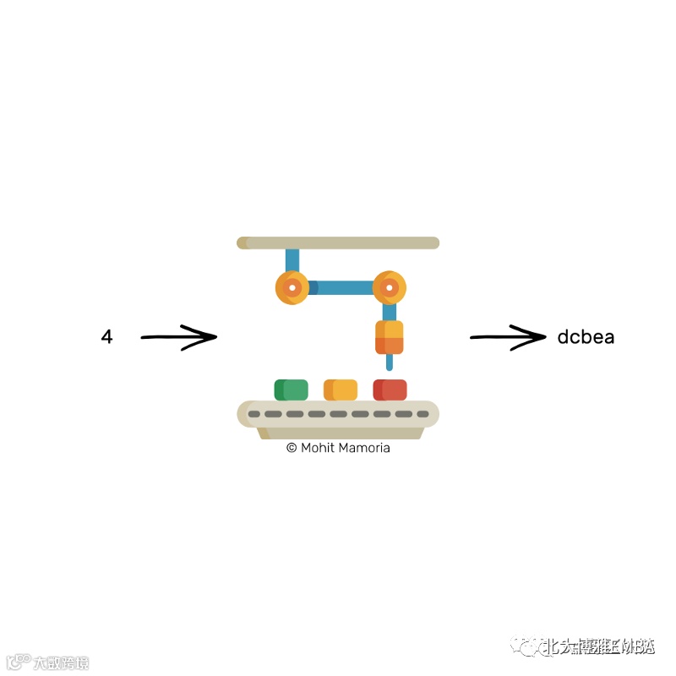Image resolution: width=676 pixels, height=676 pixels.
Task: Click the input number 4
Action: pyautogui.click(x=106, y=337)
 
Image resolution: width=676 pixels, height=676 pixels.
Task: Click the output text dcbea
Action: pyautogui.click(x=586, y=337)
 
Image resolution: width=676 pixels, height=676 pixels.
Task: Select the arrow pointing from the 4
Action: pyautogui.click(x=178, y=337)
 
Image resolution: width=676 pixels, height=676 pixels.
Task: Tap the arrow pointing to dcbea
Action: pyautogui.click(x=508, y=337)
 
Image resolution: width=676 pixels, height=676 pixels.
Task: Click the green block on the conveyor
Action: pyautogui.click(x=292, y=390)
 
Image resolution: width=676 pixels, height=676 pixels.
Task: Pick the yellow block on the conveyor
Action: pyautogui.click(x=341, y=390)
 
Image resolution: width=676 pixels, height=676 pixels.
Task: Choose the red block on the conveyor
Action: pyautogui.click(x=390, y=390)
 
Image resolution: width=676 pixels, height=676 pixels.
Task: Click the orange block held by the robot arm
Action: pyautogui.click(x=390, y=337)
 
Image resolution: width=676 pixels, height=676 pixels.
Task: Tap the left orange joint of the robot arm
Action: pyautogui.click(x=292, y=288)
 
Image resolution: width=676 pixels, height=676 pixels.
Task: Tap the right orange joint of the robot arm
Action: pyautogui.click(x=389, y=288)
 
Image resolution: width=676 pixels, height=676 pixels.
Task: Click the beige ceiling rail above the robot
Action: pyautogui.click(x=338, y=243)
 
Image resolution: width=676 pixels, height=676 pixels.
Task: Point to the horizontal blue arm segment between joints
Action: pyautogui.click(x=341, y=288)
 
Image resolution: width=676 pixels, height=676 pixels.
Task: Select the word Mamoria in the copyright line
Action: pyautogui.click(x=364, y=448)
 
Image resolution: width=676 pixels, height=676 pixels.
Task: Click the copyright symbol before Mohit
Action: pyautogui.click(x=292, y=448)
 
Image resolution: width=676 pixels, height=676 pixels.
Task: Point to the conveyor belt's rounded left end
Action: pyautogui.click(x=247, y=414)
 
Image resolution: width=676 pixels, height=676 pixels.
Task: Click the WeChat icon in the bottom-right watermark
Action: pyautogui.click(x=530, y=647)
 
